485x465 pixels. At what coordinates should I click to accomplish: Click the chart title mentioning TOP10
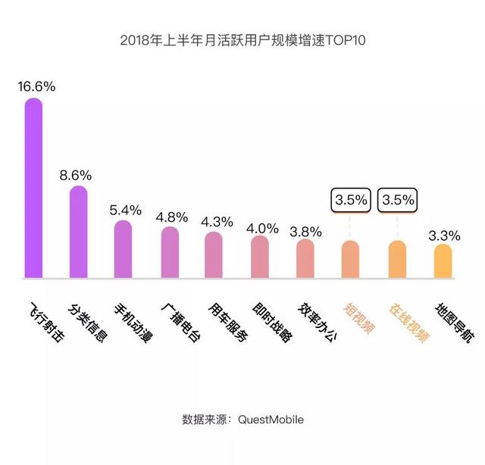242,39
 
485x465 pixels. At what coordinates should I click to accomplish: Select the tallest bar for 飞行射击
33,189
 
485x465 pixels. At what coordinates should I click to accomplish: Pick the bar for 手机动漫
123,250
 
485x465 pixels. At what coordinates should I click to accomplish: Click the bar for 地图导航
443,262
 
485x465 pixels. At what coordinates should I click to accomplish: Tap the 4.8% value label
171,217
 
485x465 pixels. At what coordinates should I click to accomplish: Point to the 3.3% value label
443,236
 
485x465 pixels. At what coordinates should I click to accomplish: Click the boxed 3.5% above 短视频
351,201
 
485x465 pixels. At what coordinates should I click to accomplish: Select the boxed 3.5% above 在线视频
398,201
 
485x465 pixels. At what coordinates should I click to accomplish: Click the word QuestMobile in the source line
271,419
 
